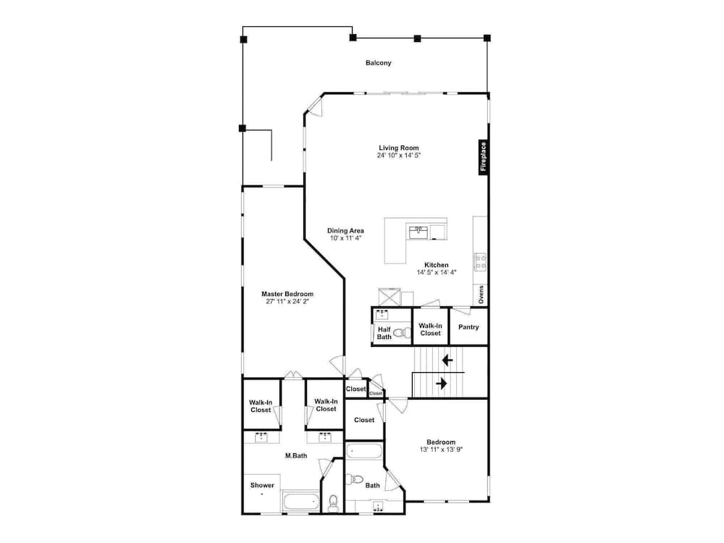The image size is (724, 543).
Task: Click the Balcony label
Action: click(x=378, y=63)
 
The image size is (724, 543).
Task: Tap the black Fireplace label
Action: click(x=483, y=157)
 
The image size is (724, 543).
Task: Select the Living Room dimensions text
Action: click(x=398, y=156)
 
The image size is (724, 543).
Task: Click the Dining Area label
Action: click(x=345, y=230)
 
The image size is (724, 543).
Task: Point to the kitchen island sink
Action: click(x=418, y=232)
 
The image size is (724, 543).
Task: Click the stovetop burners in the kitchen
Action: click(x=480, y=262)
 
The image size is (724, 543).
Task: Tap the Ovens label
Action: click(x=481, y=295)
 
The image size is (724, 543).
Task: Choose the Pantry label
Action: click(x=468, y=327)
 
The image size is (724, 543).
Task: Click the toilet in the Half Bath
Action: click(x=403, y=332)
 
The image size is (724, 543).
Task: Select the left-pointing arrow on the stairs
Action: click(x=447, y=360)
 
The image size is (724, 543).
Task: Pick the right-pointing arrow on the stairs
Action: click(x=442, y=383)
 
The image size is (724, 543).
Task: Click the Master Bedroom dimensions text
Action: click(x=287, y=301)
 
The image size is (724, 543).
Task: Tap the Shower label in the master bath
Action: click(x=262, y=485)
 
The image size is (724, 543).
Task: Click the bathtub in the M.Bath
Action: click(x=300, y=502)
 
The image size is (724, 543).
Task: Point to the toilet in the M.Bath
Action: click(x=333, y=503)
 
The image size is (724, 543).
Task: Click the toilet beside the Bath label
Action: click(x=355, y=480)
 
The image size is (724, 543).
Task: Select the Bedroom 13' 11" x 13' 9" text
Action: click(x=441, y=445)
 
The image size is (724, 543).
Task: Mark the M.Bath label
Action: click(x=296, y=455)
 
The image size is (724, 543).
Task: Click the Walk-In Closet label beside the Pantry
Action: click(x=430, y=329)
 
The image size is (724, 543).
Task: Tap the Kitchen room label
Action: click(x=437, y=265)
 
